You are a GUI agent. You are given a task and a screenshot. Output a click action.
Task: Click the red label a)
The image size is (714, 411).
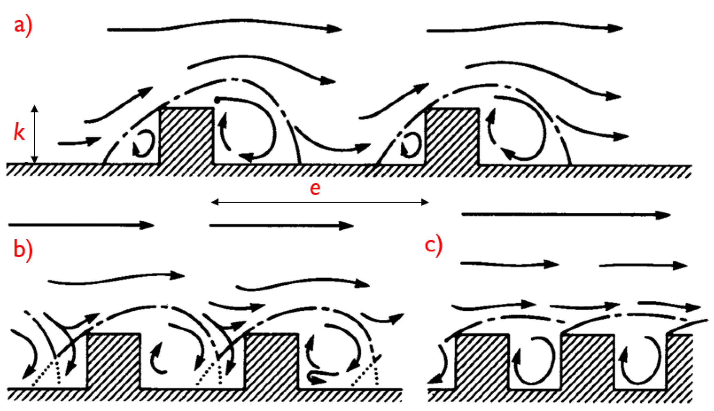point(23,27)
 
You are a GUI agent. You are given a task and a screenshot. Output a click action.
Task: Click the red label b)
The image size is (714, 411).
point(23,250)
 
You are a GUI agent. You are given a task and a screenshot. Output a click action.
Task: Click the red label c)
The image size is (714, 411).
point(433,245)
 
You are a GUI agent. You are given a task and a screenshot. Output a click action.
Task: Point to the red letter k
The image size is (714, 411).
point(19,132)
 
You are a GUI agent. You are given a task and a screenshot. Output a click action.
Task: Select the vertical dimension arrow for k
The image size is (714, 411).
point(35,134)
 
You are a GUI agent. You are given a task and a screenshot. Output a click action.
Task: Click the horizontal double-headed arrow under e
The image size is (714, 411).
point(320,202)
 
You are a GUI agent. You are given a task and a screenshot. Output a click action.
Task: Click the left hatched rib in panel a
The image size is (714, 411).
point(186,136)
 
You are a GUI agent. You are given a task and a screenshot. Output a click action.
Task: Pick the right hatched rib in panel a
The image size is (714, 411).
point(452,136)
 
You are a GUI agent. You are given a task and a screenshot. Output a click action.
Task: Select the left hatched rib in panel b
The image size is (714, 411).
point(114,361)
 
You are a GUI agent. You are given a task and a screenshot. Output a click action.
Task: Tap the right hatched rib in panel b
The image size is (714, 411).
point(271,361)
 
